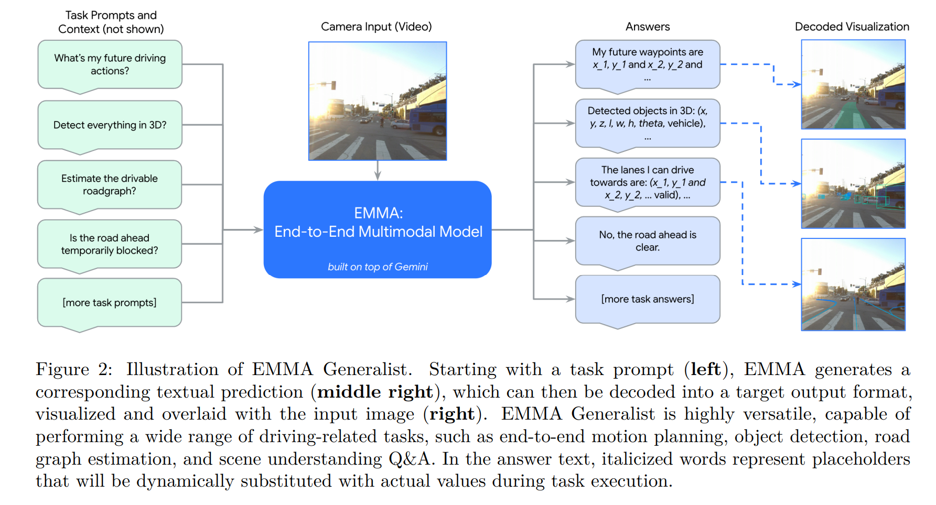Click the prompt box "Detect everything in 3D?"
(110, 125)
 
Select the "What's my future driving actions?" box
(110, 64)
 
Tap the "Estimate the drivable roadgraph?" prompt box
(109, 184)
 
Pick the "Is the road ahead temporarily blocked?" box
(109, 244)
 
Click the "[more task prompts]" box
(109, 303)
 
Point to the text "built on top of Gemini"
(378, 267)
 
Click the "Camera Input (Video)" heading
(376, 27)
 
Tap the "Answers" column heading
(647, 27)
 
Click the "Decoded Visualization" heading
(852, 27)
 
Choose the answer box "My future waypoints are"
(647, 64)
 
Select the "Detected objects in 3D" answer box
(647, 123)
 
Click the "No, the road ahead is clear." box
(647, 241)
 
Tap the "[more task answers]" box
(647, 299)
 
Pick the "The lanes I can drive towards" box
(647, 182)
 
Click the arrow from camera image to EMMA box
(378, 171)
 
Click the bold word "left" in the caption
(705, 369)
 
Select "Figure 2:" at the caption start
(74, 369)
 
